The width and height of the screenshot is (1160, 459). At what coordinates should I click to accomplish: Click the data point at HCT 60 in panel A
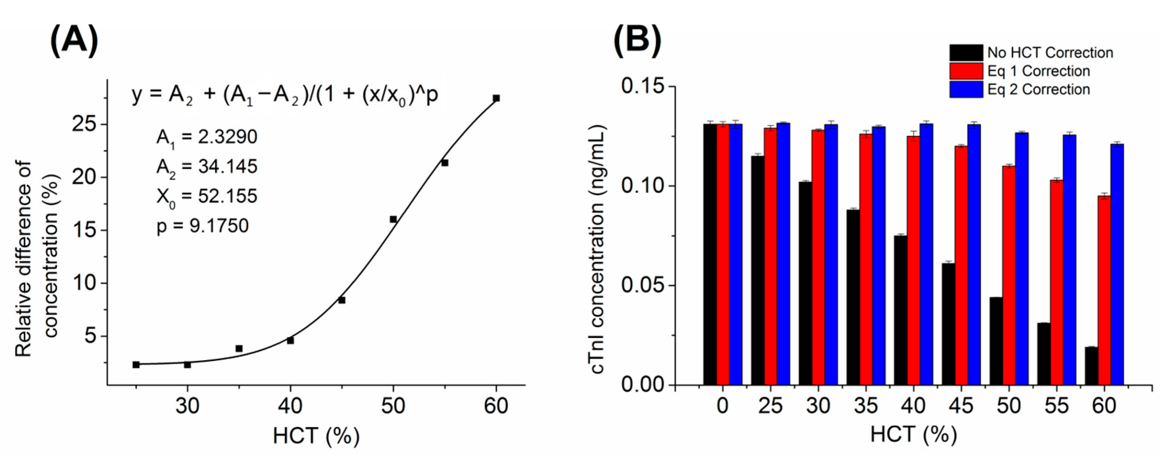496,98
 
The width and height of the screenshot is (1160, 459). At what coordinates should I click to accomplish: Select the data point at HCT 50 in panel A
393,219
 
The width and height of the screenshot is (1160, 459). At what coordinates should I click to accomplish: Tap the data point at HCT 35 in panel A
239,349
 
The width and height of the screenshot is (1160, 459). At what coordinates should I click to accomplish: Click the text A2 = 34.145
207,167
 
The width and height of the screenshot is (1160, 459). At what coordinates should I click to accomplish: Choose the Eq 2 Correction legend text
1038,89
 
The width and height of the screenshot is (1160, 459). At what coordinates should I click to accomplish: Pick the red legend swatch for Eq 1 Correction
966,71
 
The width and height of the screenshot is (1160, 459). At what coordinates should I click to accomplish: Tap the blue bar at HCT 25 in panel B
783,253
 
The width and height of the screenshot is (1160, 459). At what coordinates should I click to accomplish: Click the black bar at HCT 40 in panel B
900,310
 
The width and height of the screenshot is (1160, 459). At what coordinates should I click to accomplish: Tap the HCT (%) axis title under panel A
316,436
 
